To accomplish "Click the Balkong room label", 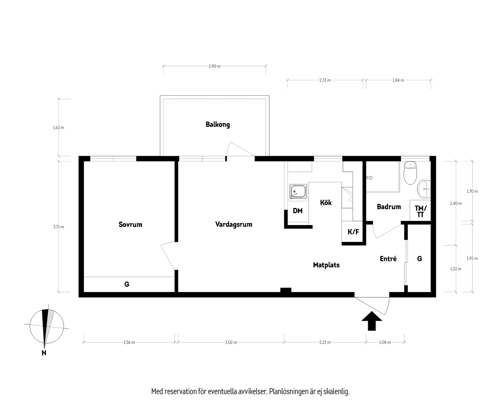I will [x=218, y=125].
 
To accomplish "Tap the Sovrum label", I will [x=130, y=224].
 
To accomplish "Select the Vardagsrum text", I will [x=233, y=224].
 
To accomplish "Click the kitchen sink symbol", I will [x=298, y=192].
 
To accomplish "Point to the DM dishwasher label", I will [x=297, y=211].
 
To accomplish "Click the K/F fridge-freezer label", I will [x=353, y=232].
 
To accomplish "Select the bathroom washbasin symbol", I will [x=424, y=189].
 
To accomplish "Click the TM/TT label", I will [x=420, y=211].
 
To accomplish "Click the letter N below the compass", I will [x=44, y=353].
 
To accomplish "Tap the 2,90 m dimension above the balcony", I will [x=214, y=66].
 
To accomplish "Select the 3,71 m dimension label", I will [x=58, y=227].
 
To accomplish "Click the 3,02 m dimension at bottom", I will [x=231, y=342].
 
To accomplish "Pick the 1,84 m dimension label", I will [x=398, y=80].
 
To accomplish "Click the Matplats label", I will [x=326, y=265].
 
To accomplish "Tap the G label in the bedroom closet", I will [x=127, y=284].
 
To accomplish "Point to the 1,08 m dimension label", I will [x=385, y=342].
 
